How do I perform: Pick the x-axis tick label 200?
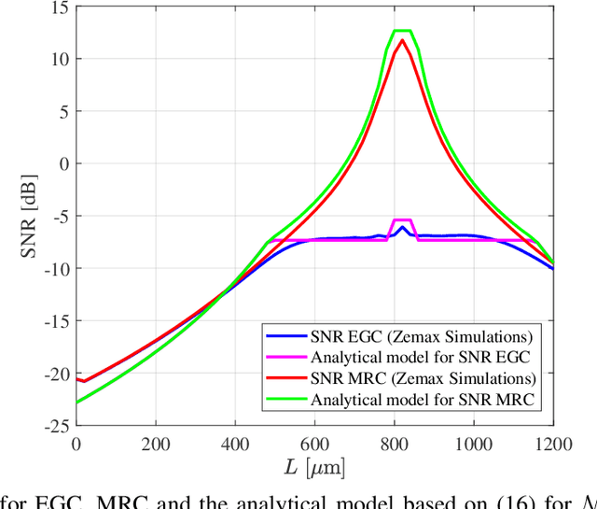pos(156,445)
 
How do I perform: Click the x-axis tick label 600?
pos(315,445)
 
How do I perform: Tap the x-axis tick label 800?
pos(395,445)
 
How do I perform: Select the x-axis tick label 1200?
pos(554,445)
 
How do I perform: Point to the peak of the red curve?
pos(402,40)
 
